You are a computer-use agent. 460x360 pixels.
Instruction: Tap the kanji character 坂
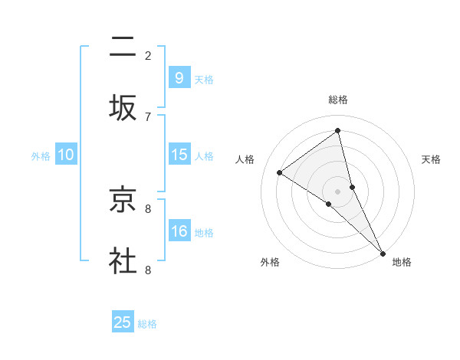tap(123, 108)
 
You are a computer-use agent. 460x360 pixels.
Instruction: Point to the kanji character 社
tap(123, 261)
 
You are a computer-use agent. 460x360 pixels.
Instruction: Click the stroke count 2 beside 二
tap(148, 55)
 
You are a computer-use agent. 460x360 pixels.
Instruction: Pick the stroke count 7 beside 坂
tap(148, 116)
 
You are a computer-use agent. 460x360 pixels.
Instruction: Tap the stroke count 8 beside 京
tap(148, 208)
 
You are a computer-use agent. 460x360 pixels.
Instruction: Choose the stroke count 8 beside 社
tap(148, 270)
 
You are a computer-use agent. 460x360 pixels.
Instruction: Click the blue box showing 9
tap(179, 77)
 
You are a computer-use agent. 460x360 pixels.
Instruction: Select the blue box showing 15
tap(179, 154)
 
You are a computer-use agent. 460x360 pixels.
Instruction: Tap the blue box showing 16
tap(179, 231)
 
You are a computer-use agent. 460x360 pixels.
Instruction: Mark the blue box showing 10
tap(66, 154)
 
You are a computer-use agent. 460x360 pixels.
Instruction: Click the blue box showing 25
tap(123, 322)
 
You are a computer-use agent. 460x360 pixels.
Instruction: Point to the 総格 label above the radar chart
tap(338, 100)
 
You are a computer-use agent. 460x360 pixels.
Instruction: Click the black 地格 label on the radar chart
tap(402, 263)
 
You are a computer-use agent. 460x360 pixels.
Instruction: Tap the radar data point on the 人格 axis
tap(280, 172)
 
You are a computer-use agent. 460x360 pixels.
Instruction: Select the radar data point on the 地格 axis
tap(382, 252)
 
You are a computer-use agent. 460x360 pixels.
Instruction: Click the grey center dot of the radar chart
tap(338, 191)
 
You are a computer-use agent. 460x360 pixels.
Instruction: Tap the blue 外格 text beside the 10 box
tap(41, 155)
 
